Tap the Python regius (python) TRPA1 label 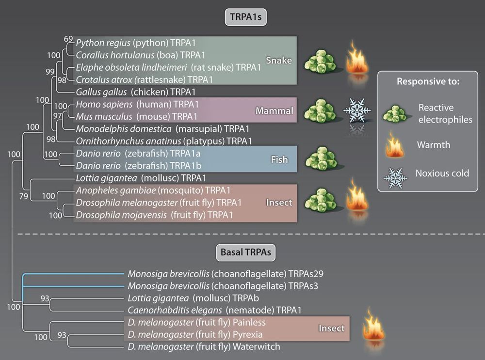coord(136,43)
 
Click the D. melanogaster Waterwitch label coord(204,346)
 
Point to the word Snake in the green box coord(278,60)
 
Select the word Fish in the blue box coord(279,159)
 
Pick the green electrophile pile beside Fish coord(321,158)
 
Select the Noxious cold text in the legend coord(442,173)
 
